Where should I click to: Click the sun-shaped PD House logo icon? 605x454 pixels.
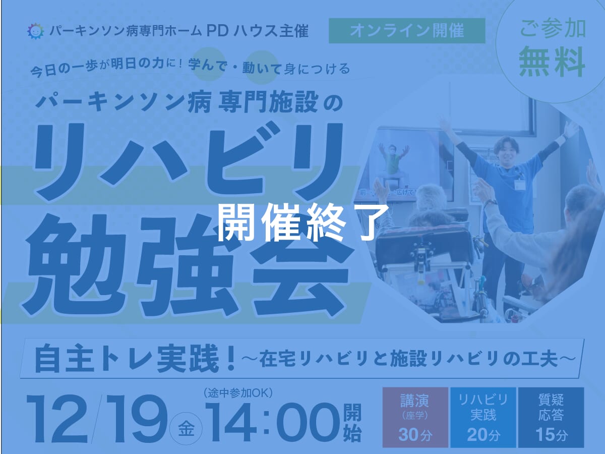(36, 31)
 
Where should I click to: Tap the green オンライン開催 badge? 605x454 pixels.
(407, 31)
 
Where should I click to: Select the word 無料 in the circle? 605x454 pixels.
(552, 62)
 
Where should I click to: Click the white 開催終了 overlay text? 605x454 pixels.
(303, 222)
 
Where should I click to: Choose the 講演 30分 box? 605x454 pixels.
(415, 417)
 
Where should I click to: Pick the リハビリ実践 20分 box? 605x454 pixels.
(483, 417)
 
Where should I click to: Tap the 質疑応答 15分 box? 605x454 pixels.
(551, 417)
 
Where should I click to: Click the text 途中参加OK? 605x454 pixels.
(239, 392)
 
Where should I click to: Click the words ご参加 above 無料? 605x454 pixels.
(553, 29)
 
